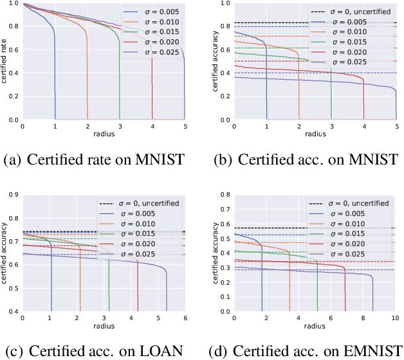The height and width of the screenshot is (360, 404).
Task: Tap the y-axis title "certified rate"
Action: (6, 62)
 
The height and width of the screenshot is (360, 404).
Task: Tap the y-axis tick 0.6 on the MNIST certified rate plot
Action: (13, 50)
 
